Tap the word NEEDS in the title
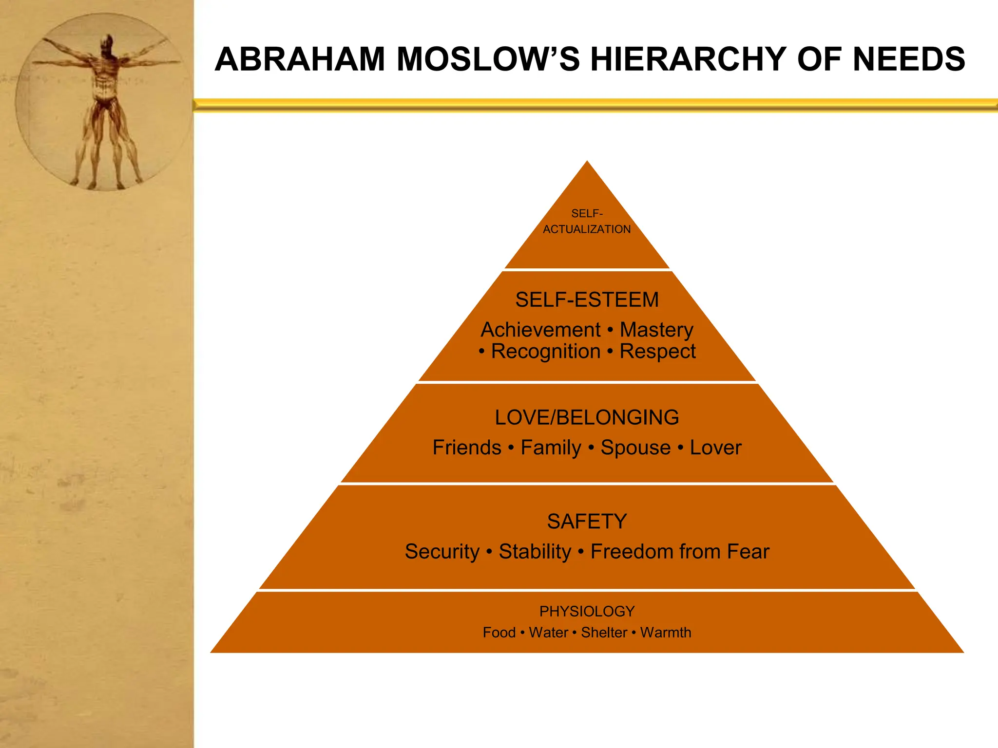(909, 59)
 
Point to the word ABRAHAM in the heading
(300, 59)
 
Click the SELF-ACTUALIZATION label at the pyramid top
(587, 222)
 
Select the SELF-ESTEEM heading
(587, 299)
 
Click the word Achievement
(540, 330)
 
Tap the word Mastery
(656, 330)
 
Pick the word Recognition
(546, 352)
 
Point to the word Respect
(657, 352)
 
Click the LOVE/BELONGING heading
(587, 417)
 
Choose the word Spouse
(635, 448)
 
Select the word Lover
(715, 448)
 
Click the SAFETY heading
(587, 522)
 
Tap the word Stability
(535, 552)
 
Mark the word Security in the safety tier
(442, 552)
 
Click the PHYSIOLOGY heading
(587, 611)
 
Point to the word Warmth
(666, 633)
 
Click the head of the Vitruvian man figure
(108, 43)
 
